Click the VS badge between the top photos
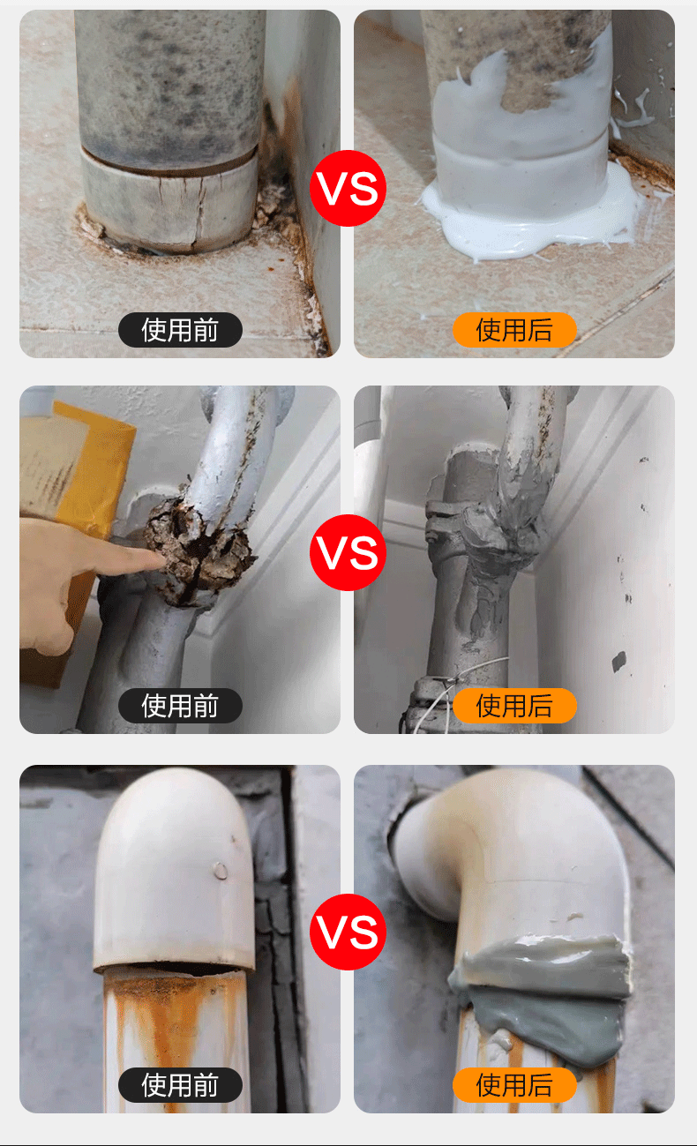pyautogui.click(x=348, y=188)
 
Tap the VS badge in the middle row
pyautogui.click(x=348, y=552)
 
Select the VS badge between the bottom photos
pyautogui.click(x=348, y=932)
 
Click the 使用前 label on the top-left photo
pyautogui.click(x=180, y=330)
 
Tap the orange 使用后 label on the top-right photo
pyautogui.click(x=514, y=330)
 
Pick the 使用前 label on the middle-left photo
pyautogui.click(x=180, y=706)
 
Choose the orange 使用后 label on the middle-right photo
pyautogui.click(x=514, y=706)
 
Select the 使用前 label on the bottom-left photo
pyautogui.click(x=180, y=1085)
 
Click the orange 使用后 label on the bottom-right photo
pyautogui.click(x=514, y=1085)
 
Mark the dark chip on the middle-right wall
pyautogui.click(x=619, y=661)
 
